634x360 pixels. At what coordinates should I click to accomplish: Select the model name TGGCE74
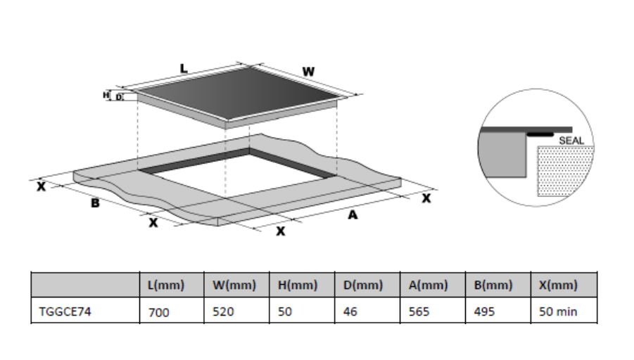[x=65, y=311]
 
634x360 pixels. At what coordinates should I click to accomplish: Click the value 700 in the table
[x=158, y=312]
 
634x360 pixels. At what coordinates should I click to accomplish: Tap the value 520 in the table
[x=223, y=311]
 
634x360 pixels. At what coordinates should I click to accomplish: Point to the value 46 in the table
[x=350, y=311]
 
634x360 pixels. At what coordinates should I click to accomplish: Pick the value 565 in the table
[x=419, y=311]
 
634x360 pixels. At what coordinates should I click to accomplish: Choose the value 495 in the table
[x=484, y=311]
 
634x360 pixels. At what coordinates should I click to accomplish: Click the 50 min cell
[x=558, y=311]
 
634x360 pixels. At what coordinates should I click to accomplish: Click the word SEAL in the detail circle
[x=571, y=141]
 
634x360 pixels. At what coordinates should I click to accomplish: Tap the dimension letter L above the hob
[x=184, y=68]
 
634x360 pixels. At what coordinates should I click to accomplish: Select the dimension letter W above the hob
[x=308, y=72]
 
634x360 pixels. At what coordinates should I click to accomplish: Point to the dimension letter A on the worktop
[x=353, y=215]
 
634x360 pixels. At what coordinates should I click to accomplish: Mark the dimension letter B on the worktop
[x=95, y=202]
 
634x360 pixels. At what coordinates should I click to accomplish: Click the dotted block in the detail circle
[x=564, y=172]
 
